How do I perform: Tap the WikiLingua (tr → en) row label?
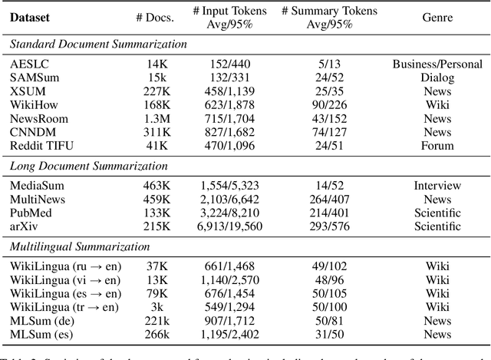tap(65, 306)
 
